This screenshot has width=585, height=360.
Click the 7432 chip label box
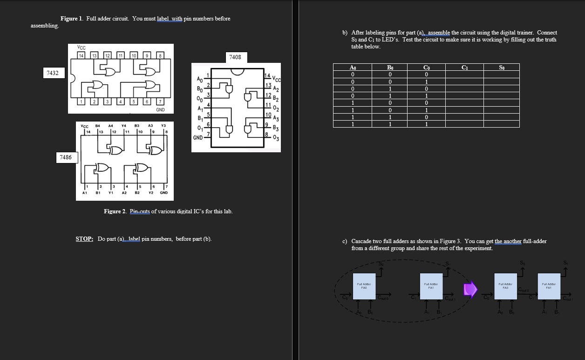(x=52, y=73)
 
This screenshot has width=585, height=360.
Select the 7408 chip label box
(x=235, y=57)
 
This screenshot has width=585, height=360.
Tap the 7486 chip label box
(x=66, y=157)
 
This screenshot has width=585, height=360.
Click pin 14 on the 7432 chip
(x=81, y=56)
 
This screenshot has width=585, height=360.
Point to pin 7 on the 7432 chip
(x=160, y=102)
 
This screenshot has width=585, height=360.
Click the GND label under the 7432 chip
(x=160, y=110)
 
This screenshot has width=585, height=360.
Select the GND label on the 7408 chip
(x=197, y=138)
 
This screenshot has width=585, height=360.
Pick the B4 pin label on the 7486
(x=98, y=125)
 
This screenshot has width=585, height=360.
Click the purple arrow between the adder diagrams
(x=470, y=289)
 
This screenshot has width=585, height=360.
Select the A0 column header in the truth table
(x=353, y=68)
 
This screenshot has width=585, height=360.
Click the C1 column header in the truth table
(x=464, y=68)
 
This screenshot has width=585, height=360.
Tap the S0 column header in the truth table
(x=501, y=68)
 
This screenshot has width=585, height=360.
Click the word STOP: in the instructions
(x=84, y=239)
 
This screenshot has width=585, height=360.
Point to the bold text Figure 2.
(x=115, y=211)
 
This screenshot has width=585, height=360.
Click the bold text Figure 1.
(x=72, y=19)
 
